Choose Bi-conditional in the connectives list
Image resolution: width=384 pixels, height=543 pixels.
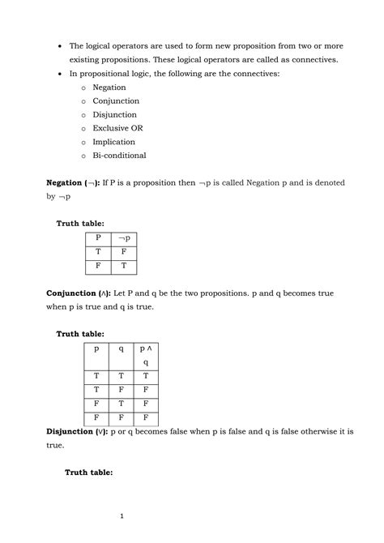coord(120,156)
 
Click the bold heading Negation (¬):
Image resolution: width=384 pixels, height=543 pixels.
coord(73,183)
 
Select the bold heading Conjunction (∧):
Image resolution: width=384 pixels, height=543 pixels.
coord(78,291)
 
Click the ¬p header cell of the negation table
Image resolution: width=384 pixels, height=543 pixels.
coord(124,238)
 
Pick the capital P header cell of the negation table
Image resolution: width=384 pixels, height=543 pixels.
coord(98,238)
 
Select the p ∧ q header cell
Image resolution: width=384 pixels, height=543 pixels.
coord(145,355)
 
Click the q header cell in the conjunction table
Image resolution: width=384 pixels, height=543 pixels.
coord(121,349)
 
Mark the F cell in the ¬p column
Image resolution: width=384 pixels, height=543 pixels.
coord(124,251)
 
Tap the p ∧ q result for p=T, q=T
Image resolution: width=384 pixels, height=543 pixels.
coord(145,376)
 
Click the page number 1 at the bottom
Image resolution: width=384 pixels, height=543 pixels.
coord(120,516)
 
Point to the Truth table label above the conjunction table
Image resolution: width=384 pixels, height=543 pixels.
coord(79,334)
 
